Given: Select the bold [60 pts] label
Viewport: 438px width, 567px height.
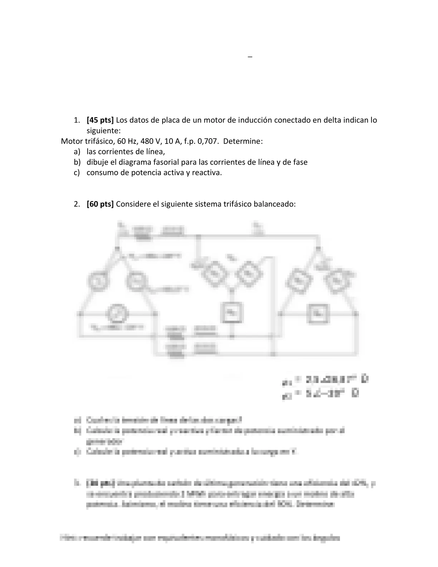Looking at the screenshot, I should pyautogui.click(x=100, y=204).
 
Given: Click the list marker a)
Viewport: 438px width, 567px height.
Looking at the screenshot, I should pyautogui.click(x=77, y=151).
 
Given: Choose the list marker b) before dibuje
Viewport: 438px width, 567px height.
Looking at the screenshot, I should pyautogui.click(x=77, y=162).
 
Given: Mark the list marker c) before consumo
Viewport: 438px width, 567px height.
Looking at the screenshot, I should pyautogui.click(x=77, y=173).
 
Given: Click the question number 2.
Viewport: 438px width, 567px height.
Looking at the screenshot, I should pyautogui.click(x=77, y=204).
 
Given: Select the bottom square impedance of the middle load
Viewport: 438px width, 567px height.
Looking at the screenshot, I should pyautogui.click(x=232, y=312).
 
